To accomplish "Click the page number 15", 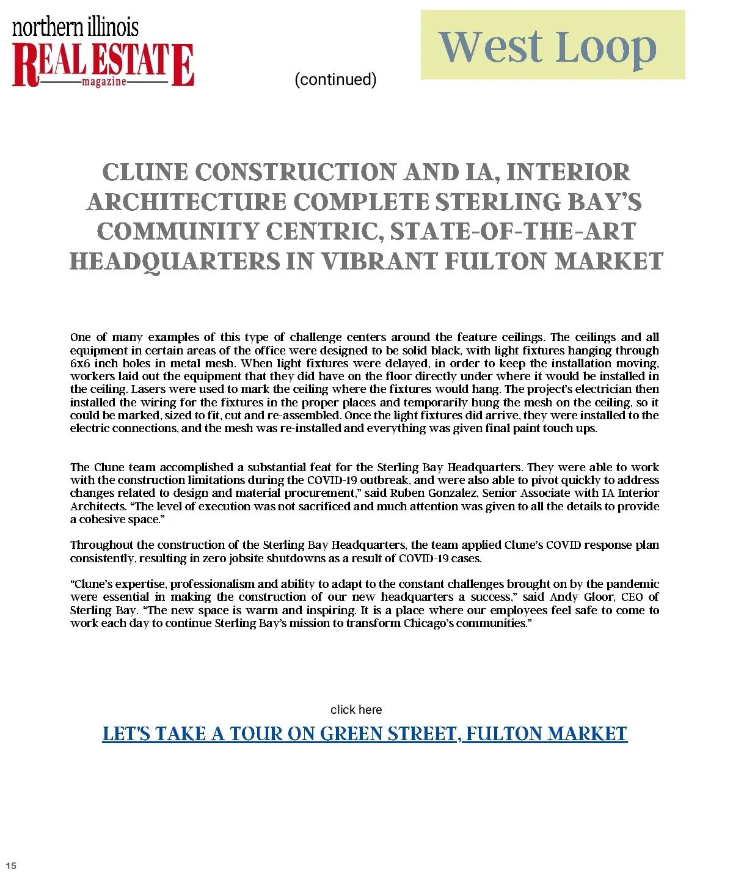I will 11,865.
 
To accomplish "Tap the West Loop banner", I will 552,45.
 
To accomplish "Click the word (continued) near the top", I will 335,79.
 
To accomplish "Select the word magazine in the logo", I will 104,81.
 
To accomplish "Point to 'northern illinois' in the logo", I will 75,27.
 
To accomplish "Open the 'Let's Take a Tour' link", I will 365,733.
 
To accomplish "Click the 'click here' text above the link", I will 356,710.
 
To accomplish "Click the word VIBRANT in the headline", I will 379,262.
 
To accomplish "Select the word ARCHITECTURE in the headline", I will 186,202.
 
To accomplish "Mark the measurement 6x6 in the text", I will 80,364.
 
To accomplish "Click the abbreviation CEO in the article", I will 632,597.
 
